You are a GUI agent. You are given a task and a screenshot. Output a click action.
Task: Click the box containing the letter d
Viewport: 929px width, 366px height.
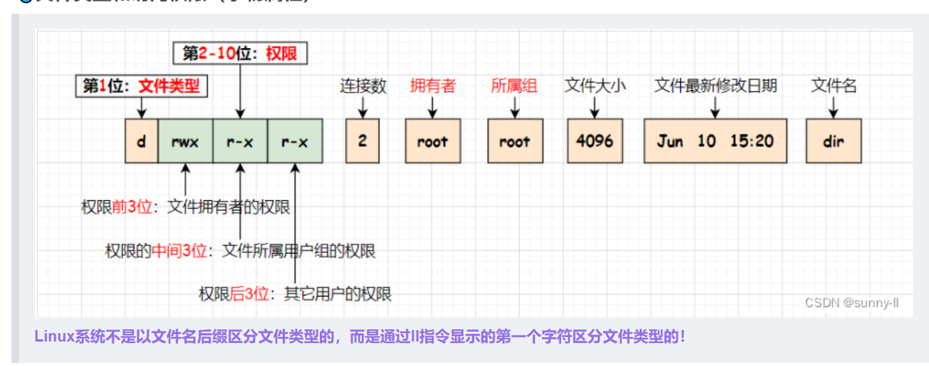point(142,141)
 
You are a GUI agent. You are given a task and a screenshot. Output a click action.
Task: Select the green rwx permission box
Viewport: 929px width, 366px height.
point(185,141)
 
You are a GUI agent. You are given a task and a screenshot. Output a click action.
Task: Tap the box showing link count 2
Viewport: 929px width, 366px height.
point(362,141)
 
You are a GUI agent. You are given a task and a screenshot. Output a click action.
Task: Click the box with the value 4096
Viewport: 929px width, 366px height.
point(595,141)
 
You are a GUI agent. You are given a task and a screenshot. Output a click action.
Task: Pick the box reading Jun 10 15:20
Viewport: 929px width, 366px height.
point(714,141)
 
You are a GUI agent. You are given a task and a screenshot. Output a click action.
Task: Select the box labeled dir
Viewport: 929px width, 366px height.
point(834,141)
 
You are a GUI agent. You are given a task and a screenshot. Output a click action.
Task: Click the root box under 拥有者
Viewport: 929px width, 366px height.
point(433,141)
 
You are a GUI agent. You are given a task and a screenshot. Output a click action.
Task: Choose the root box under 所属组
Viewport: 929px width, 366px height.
point(515,141)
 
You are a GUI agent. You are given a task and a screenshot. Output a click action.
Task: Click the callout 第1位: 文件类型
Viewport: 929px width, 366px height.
point(142,86)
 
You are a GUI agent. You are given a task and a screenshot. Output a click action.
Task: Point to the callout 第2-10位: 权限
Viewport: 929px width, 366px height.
point(240,53)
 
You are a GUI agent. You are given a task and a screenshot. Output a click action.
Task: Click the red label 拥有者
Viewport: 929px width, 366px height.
point(432,86)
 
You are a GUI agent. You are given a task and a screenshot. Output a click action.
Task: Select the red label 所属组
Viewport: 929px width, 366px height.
point(514,86)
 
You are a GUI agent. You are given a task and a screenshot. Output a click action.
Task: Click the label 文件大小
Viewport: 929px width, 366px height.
point(595,86)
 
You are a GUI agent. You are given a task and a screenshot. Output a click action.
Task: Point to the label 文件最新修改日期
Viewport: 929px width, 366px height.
point(715,86)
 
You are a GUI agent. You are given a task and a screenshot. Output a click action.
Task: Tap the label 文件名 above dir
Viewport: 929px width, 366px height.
point(834,86)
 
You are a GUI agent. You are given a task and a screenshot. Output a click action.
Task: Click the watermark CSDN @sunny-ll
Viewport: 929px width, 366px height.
point(852,303)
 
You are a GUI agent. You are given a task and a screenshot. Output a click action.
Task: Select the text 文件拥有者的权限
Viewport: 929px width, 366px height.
point(228,206)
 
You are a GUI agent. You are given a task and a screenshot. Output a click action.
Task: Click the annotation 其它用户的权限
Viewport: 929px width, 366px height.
point(337,293)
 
